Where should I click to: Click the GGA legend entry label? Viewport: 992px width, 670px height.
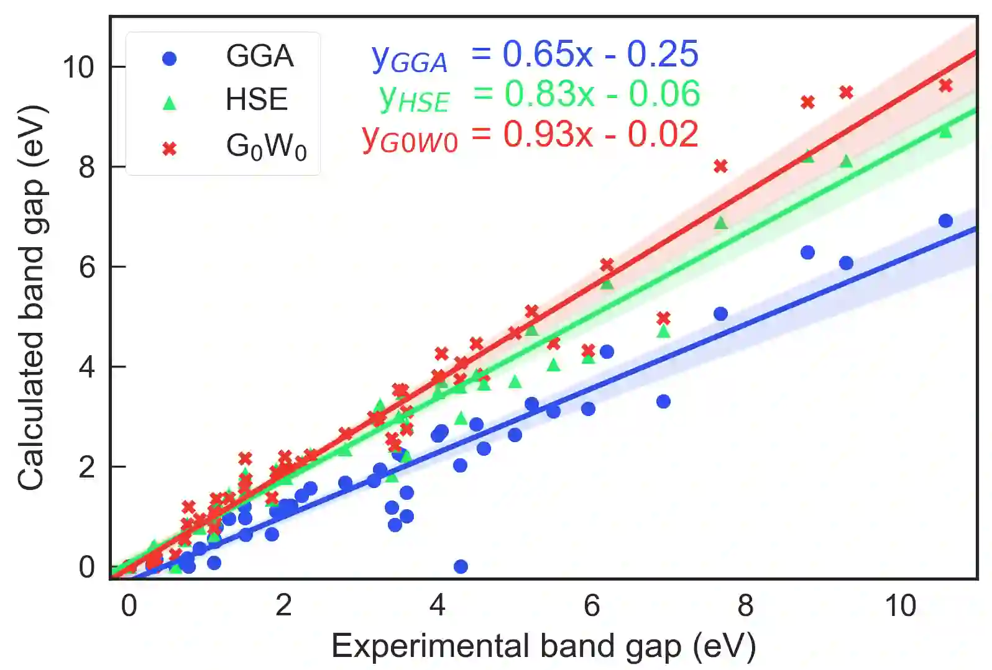click(259, 56)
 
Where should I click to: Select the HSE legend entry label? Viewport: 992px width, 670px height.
click(257, 99)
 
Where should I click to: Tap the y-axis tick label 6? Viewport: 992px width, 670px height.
click(86, 267)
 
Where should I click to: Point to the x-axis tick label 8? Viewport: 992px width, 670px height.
click(746, 605)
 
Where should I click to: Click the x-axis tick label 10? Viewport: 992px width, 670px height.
click(900, 605)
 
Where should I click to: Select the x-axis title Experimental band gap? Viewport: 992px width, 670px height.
click(543, 646)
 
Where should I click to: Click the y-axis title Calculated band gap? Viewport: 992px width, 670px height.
click(31, 298)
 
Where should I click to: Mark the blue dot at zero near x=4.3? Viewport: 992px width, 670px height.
click(461, 566)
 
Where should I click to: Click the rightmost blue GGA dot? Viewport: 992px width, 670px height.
click(945, 221)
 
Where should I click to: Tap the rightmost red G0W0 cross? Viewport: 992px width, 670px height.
click(945, 86)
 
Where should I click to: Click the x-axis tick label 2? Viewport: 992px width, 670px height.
click(283, 605)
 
